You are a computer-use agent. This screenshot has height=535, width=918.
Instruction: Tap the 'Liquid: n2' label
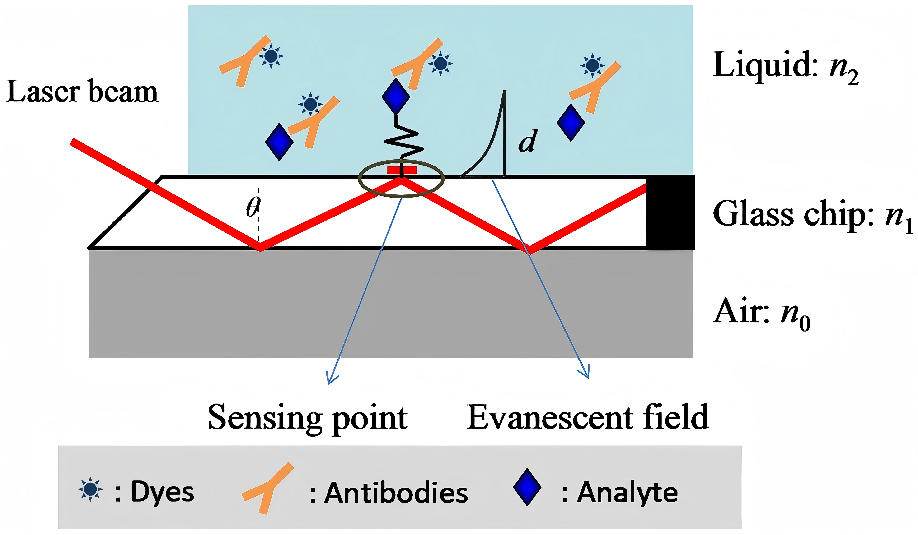tap(785, 68)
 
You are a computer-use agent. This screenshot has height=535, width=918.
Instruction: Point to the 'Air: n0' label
tap(761, 313)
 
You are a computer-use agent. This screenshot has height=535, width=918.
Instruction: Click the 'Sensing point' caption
tap(308, 419)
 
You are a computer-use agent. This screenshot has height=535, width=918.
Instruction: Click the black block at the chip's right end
tap(670, 213)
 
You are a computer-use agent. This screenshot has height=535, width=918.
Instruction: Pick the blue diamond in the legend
tap(527, 487)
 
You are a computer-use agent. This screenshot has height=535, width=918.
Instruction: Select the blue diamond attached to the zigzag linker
tap(396, 97)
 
